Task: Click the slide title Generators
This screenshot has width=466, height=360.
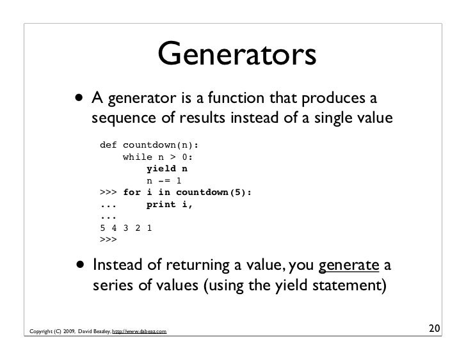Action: (237, 54)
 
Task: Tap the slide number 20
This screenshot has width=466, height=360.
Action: (435, 330)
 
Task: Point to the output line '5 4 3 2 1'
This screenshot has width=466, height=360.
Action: (127, 229)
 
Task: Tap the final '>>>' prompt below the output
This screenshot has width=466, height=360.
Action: (109, 241)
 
